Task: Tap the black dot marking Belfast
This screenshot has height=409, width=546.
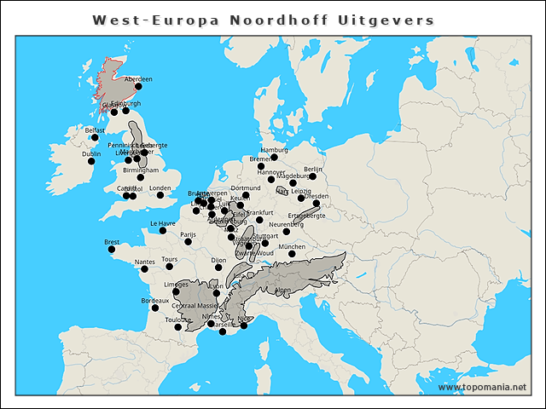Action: click(95, 138)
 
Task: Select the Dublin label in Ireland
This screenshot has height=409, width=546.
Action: click(90, 154)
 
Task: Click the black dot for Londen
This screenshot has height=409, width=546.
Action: click(160, 195)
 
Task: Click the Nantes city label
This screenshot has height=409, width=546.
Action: click(144, 262)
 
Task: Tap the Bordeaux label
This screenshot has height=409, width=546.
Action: click(154, 301)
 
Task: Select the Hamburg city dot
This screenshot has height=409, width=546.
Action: click(274, 158)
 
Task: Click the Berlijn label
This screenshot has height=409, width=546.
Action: click(313, 170)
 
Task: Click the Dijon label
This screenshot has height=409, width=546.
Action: click(218, 260)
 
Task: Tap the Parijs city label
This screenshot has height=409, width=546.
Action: click(188, 234)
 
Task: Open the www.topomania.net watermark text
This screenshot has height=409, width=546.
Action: click(482, 388)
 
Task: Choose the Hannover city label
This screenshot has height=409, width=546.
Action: click(271, 172)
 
